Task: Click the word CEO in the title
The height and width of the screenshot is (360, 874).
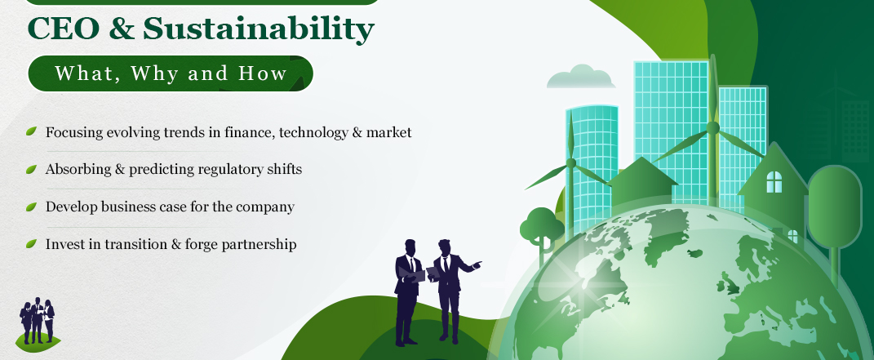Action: (64, 29)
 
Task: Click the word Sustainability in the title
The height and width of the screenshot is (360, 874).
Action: (259, 31)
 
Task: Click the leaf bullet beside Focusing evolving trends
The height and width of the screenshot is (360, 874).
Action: (31, 131)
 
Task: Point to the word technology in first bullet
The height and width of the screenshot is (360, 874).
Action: (312, 132)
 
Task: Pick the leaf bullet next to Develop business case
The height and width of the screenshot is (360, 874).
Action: (31, 207)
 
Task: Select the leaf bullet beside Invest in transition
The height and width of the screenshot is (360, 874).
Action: (31, 243)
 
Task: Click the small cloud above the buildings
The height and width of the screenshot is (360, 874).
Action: (581, 77)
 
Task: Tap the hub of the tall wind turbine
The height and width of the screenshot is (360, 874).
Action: (712, 127)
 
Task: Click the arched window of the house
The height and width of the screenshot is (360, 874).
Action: (774, 182)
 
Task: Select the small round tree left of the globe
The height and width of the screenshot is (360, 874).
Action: (541, 228)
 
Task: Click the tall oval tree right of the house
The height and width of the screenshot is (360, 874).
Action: (835, 207)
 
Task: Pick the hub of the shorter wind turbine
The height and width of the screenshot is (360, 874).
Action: (570, 163)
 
